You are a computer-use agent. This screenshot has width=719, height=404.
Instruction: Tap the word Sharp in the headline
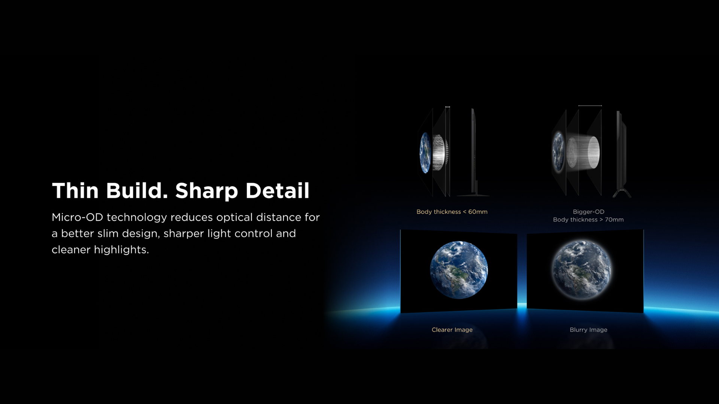(207, 191)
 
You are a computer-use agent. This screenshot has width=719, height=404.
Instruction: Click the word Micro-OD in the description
(77, 217)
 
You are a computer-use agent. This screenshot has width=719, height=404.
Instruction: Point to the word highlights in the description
(121, 250)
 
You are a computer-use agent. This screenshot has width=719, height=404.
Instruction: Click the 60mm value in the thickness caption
(478, 212)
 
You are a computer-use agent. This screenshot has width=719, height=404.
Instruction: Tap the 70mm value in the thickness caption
(614, 220)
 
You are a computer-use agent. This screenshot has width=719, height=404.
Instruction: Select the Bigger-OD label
(588, 212)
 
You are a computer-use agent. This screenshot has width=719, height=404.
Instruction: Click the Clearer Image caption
(452, 330)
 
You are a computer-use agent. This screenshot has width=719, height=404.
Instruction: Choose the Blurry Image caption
(588, 330)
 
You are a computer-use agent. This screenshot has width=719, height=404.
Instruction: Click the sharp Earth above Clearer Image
(459, 270)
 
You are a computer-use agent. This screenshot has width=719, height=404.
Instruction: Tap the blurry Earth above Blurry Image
(582, 270)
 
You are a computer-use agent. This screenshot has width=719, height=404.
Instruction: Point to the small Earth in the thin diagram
(425, 153)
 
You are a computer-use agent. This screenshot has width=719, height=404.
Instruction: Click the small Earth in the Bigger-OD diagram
(558, 152)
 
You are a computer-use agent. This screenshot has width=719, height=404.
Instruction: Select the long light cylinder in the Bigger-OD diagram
(583, 152)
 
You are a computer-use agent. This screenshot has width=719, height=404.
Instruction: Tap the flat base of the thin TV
(473, 195)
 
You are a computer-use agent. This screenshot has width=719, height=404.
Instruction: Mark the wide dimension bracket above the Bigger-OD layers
(590, 106)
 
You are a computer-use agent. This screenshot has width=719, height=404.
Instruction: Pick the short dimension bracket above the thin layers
(448, 107)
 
